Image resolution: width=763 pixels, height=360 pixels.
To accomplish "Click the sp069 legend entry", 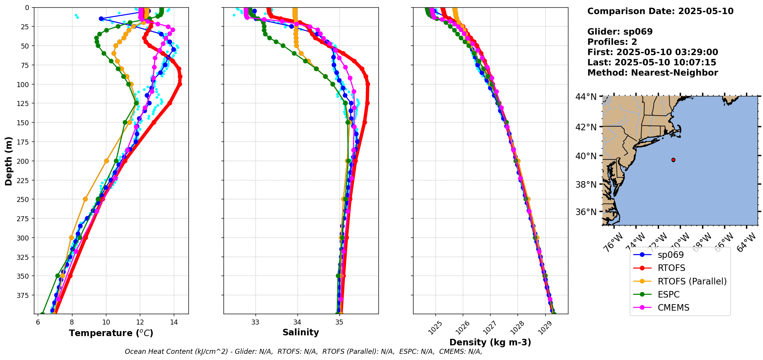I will click(671, 255).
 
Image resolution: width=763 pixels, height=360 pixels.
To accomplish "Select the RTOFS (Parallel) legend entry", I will click(692, 281).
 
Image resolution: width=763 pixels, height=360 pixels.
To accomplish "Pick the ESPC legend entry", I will click(669, 294).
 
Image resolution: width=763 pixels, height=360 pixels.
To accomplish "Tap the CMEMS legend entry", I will click(673, 308).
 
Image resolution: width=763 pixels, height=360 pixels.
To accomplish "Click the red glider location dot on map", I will click(673, 160).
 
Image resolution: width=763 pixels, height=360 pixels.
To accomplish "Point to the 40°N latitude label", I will click(586, 156).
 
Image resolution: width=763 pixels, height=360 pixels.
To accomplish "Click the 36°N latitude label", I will click(586, 212).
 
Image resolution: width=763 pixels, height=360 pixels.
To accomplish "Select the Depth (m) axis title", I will click(8, 161).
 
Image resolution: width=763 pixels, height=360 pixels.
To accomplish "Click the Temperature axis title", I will click(111, 333).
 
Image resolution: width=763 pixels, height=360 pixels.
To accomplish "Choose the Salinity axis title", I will click(301, 332).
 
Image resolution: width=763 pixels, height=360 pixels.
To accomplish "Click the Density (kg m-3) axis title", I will click(490, 342).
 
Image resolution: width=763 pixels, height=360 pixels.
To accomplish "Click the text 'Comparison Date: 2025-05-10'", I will click(660, 11).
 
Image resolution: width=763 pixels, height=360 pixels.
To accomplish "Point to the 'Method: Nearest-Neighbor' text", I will click(652, 73).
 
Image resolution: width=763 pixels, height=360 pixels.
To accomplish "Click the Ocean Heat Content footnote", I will click(303, 352).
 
